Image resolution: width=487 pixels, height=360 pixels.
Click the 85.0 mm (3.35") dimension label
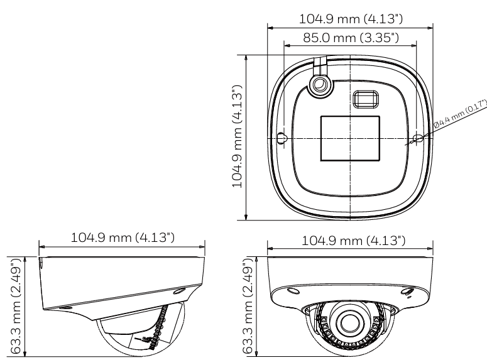click(x=351, y=38)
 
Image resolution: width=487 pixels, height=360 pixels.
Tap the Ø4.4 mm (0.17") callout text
click(x=461, y=113)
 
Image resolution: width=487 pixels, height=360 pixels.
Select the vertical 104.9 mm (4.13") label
click(x=237, y=137)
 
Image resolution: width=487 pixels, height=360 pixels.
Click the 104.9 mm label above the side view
click(x=123, y=238)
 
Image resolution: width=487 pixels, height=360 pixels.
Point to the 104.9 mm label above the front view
click(x=354, y=241)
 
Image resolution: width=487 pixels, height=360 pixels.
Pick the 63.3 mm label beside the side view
click(x=16, y=306)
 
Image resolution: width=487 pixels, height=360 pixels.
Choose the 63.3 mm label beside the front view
click(x=248, y=306)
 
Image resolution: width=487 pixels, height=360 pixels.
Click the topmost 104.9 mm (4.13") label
click(x=351, y=19)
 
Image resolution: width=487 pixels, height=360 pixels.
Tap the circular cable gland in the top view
click(x=320, y=84)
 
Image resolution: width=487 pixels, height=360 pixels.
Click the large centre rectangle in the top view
click(x=350, y=138)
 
